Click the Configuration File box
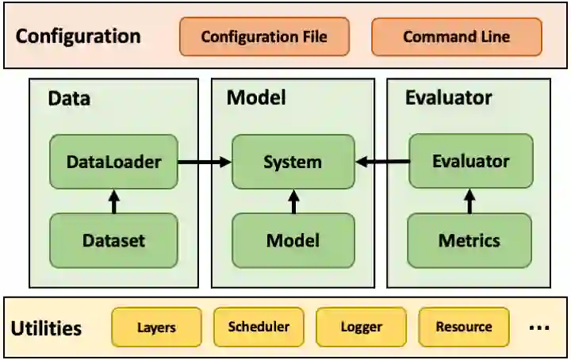pyautogui.click(x=263, y=37)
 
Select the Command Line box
pyautogui.click(x=456, y=37)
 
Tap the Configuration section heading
pyautogui.click(x=78, y=36)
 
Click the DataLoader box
pyautogui.click(x=113, y=162)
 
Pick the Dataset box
pyautogui.click(x=113, y=240)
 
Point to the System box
pyautogui.click(x=293, y=162)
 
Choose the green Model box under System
pyautogui.click(x=293, y=240)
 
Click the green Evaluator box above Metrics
pyautogui.click(x=470, y=162)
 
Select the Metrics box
pyautogui.click(x=469, y=240)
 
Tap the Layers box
pyautogui.click(x=156, y=327)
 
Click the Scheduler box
pyautogui.click(x=259, y=327)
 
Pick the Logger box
pyautogui.click(x=361, y=327)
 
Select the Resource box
pyautogui.click(x=464, y=327)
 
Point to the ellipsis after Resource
pyautogui.click(x=538, y=327)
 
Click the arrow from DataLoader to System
pyautogui.click(x=204, y=163)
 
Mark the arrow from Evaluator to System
pyautogui.click(x=382, y=163)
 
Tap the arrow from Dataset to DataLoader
pyautogui.click(x=113, y=201)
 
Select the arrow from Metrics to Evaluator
pyautogui.click(x=469, y=201)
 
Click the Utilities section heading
pyautogui.click(x=47, y=327)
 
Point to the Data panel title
pyautogui.click(x=69, y=98)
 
